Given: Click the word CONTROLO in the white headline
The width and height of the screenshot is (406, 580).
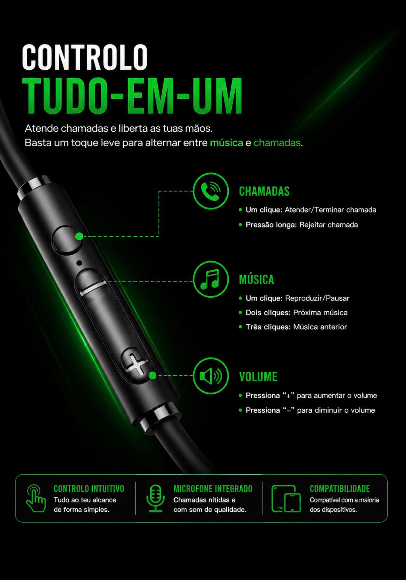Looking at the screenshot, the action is pyautogui.click(x=85, y=57).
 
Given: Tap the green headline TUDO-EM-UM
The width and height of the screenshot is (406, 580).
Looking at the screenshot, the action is pyautogui.click(x=132, y=96).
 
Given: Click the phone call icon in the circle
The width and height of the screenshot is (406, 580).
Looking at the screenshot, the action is pyautogui.click(x=211, y=191).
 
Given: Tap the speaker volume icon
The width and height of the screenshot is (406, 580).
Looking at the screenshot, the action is pyautogui.click(x=211, y=376).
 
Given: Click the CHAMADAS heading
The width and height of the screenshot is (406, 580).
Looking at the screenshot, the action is pyautogui.click(x=264, y=191).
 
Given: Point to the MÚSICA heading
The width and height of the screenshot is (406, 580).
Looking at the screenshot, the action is pyautogui.click(x=257, y=279).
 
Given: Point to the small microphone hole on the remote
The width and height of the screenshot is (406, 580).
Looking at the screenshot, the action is pyautogui.click(x=79, y=263).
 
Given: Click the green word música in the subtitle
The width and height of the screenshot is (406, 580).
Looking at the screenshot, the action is pyautogui.click(x=227, y=143).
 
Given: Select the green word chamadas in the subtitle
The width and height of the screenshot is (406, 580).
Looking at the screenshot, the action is pyautogui.click(x=277, y=143).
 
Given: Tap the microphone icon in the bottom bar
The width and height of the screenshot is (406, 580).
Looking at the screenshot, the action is pyautogui.click(x=156, y=498).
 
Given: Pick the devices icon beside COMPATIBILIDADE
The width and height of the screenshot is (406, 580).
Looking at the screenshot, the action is pyautogui.click(x=286, y=499).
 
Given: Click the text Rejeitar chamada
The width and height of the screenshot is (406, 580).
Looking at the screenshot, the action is pyautogui.click(x=329, y=225).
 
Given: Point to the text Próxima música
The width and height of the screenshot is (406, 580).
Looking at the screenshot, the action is pyautogui.click(x=320, y=312).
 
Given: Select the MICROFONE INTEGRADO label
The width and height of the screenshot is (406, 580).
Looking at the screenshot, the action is pyautogui.click(x=213, y=489).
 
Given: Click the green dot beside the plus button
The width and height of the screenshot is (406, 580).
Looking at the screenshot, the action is pyautogui.click(x=152, y=376).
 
